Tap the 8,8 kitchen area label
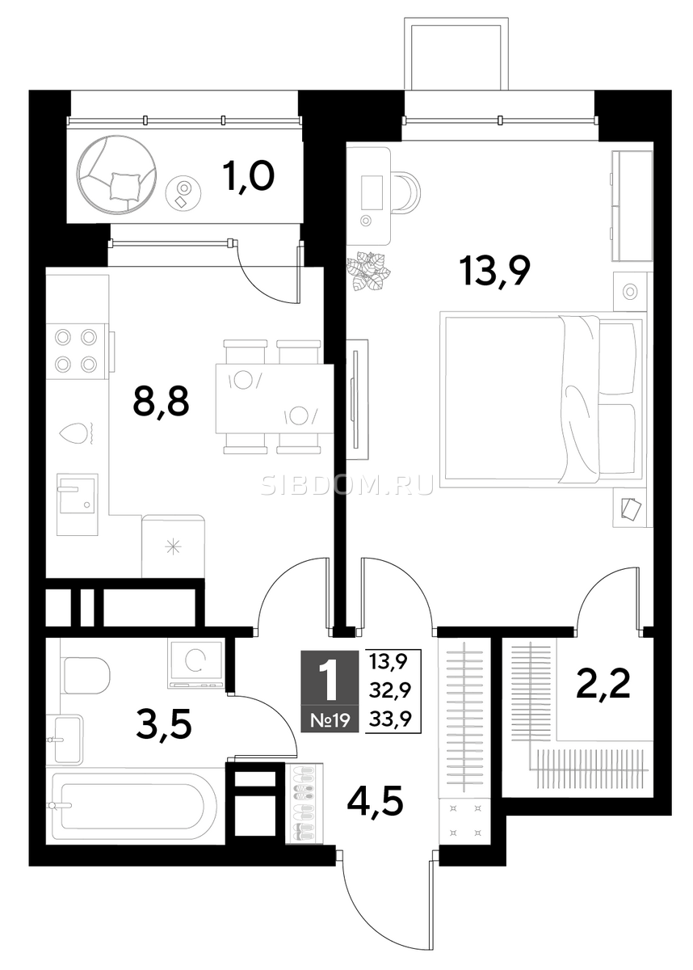pos(161,402)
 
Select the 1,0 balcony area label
pos(248,176)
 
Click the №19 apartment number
pos(330,721)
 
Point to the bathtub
pos(134,805)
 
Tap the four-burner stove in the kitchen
pos(77,351)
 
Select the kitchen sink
pos(77,504)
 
